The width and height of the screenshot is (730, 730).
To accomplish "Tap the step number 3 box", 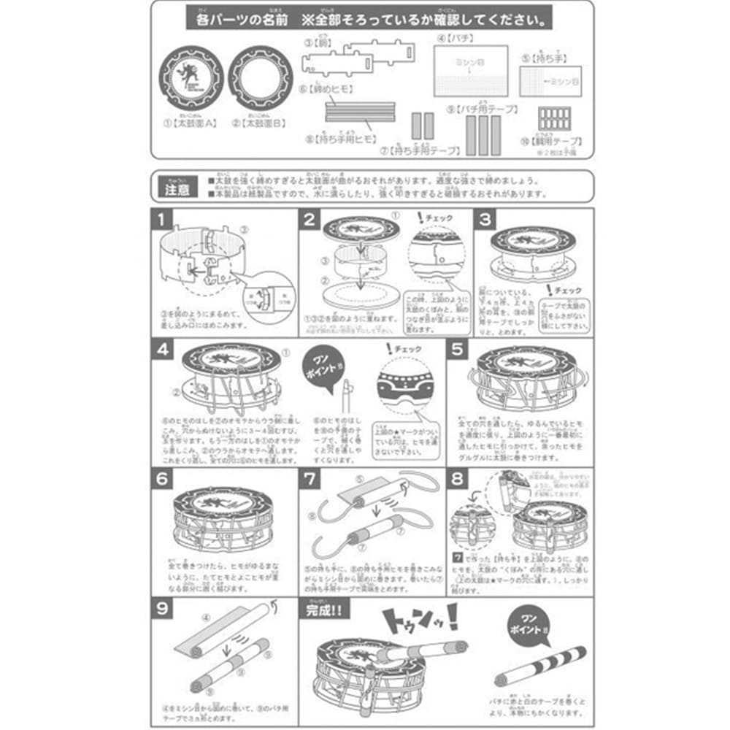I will click(x=485, y=219).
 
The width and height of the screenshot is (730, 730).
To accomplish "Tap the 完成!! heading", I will click(x=327, y=607).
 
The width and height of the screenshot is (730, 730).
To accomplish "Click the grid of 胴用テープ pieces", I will click(x=553, y=119).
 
